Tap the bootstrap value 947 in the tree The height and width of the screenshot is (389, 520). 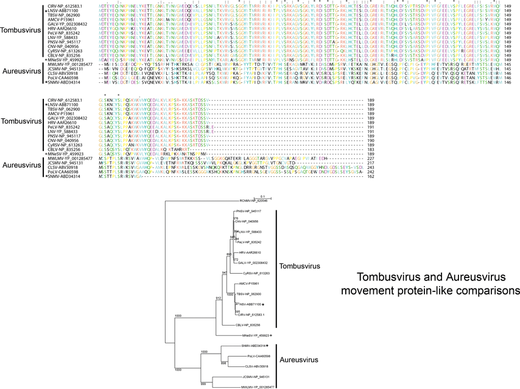pos(225,272)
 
